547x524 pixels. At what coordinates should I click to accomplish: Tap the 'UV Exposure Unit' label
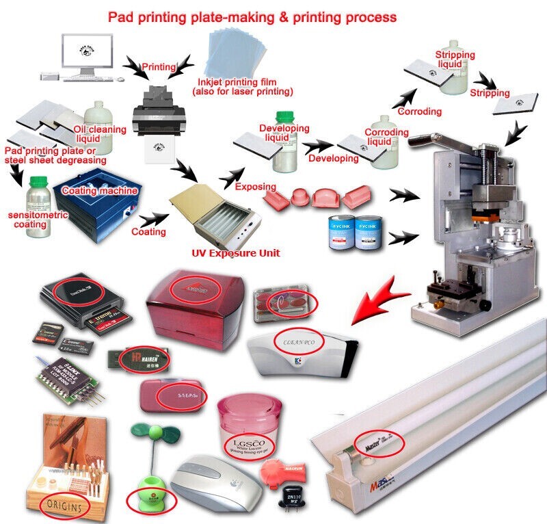(x=236, y=253)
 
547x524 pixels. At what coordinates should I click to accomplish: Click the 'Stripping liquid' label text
(x=455, y=59)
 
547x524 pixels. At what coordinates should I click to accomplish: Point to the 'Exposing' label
(x=255, y=186)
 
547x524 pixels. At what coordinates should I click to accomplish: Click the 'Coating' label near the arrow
(x=148, y=231)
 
